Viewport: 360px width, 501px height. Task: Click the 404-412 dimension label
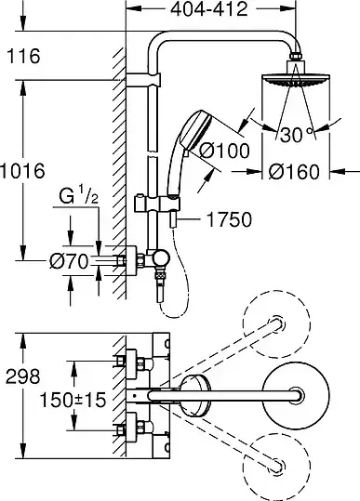click(209, 9)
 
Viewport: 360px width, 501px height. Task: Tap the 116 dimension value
click(23, 56)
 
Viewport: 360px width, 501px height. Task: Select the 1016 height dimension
click(22, 171)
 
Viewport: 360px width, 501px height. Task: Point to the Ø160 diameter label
click(294, 172)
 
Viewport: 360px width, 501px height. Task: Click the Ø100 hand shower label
click(224, 151)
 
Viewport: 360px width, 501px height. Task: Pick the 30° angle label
click(296, 135)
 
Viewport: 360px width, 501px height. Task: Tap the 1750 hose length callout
click(230, 219)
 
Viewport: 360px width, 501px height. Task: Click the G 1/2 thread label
click(79, 197)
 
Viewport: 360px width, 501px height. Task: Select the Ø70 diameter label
click(69, 262)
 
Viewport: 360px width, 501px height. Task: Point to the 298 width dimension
click(23, 376)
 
